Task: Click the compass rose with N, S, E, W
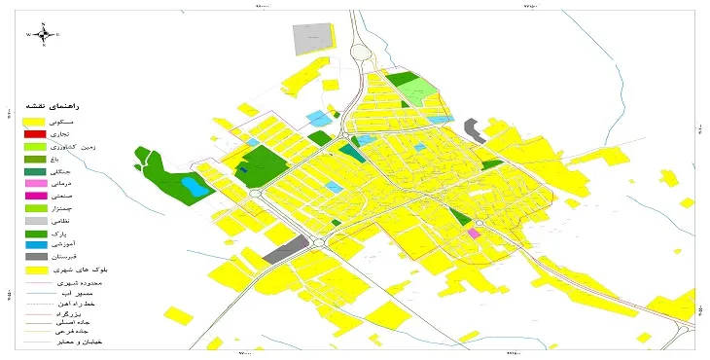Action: (x=43, y=34)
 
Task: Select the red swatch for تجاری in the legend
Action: (x=35, y=133)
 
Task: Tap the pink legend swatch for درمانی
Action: (x=35, y=184)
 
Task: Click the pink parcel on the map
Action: (x=474, y=234)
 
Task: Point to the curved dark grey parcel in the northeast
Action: (x=475, y=129)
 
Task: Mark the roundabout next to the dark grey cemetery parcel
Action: (x=317, y=242)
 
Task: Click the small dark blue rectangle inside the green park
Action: (x=244, y=171)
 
